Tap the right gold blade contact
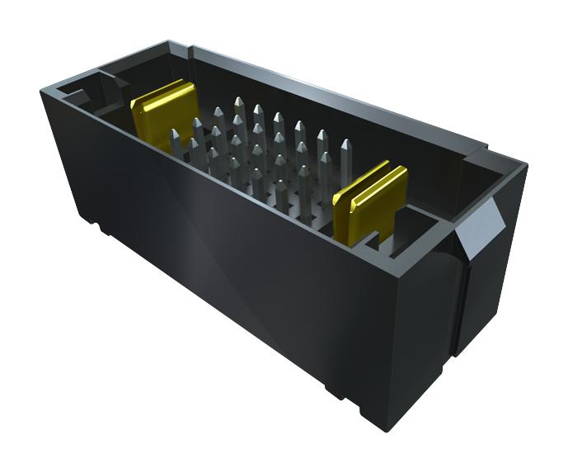click(371, 199)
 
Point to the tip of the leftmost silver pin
click(175, 133)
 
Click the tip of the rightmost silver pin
click(345, 146)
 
